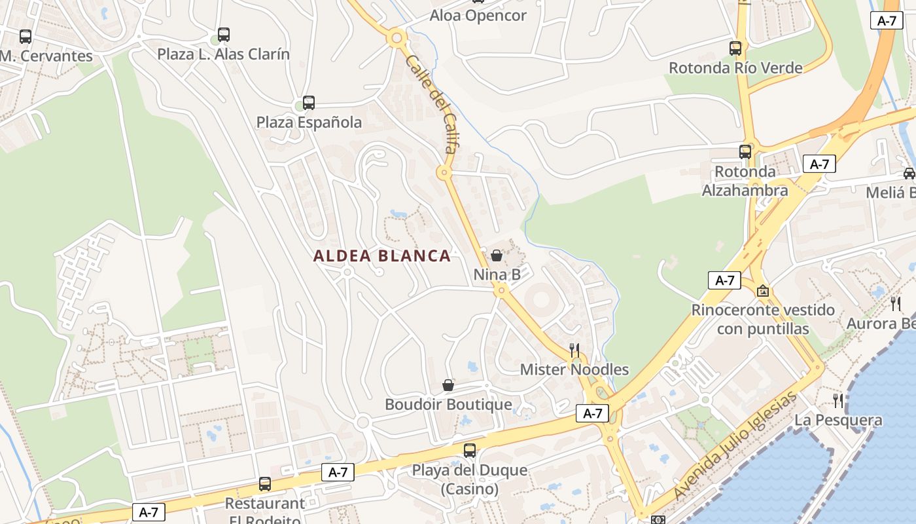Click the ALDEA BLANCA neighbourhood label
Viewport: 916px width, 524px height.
[382, 256]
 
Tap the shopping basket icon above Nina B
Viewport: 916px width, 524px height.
[497, 255]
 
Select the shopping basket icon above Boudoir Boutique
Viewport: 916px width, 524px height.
[448, 384]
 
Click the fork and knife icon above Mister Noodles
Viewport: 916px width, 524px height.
[574, 350]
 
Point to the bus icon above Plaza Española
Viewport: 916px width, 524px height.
[309, 103]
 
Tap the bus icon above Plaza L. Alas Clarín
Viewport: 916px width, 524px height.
[224, 34]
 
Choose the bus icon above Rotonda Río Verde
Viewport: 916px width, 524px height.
[735, 48]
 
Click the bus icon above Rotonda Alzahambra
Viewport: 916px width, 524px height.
[745, 152]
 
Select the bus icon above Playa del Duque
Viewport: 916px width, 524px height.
[470, 451]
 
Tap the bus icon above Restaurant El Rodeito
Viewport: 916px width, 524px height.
[265, 484]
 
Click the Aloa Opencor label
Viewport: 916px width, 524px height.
[478, 16]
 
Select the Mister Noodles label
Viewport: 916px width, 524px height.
[574, 369]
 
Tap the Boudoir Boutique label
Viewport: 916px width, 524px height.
[448, 404]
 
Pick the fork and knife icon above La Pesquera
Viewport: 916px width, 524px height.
[838, 400]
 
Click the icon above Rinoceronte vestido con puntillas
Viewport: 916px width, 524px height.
[762, 290]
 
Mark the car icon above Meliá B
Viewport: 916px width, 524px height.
[909, 174]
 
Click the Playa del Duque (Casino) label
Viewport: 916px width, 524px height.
[469, 479]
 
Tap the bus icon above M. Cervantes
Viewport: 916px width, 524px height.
[26, 37]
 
